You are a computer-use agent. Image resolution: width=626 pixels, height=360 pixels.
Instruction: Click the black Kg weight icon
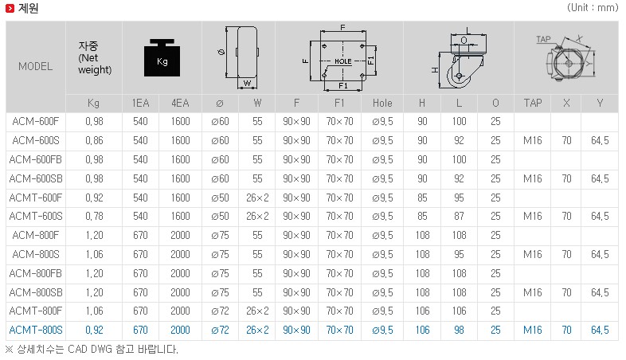pos(162,57)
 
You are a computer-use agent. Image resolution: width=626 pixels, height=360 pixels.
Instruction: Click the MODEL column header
pos(36,66)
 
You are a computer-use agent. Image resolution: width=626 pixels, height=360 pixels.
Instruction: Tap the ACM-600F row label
pos(36,121)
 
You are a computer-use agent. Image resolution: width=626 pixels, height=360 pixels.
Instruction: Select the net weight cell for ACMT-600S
pos(94,217)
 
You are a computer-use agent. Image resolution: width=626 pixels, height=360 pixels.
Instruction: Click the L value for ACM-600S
pos(459,140)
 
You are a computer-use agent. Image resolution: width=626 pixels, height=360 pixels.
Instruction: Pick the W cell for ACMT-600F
pos(257,198)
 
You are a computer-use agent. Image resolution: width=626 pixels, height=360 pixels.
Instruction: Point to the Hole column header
pos(382,103)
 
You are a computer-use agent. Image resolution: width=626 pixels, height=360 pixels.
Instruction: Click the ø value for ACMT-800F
pos(220,311)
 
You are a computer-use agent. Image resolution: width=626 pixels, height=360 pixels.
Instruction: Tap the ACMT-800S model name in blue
pos(36,330)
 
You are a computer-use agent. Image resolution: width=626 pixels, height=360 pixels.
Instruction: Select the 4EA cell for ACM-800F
pos(181,235)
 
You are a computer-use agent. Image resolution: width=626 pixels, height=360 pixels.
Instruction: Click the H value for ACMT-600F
pos(422,198)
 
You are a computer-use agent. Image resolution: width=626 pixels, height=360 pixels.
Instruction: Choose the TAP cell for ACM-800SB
pos(533,292)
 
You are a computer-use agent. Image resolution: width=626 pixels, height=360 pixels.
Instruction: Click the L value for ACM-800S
pos(459,254)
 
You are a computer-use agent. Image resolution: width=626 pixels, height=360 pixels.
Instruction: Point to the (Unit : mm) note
pos(593,8)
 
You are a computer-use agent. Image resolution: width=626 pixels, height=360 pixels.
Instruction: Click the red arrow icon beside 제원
pos(10,8)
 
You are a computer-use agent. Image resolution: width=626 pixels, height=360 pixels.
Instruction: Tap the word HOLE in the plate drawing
pos(343,61)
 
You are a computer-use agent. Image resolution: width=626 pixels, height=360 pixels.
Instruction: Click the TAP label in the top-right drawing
pos(543,39)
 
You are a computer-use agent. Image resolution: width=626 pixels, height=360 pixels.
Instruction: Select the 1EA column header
pos(140,103)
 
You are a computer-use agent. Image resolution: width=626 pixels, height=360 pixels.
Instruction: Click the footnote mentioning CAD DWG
pos(92,350)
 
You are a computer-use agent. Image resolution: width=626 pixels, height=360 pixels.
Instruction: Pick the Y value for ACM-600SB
pos(600,178)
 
